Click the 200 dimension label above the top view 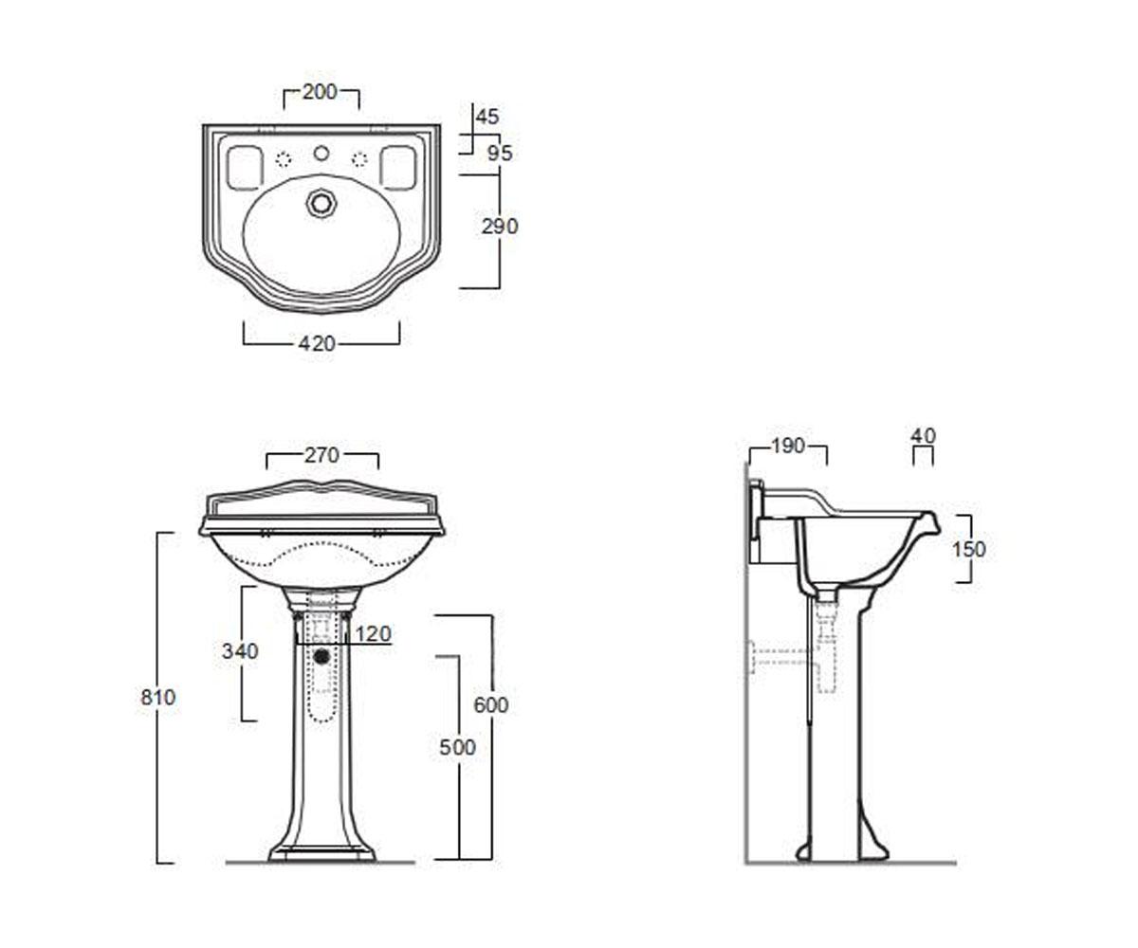click(320, 92)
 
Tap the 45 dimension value click(487, 117)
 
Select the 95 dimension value click(500, 154)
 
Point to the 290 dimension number click(500, 227)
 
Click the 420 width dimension click(317, 344)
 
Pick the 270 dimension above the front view click(321, 455)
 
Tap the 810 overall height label click(158, 698)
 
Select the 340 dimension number click(240, 651)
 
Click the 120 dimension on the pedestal click(374, 633)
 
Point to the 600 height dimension click(491, 705)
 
